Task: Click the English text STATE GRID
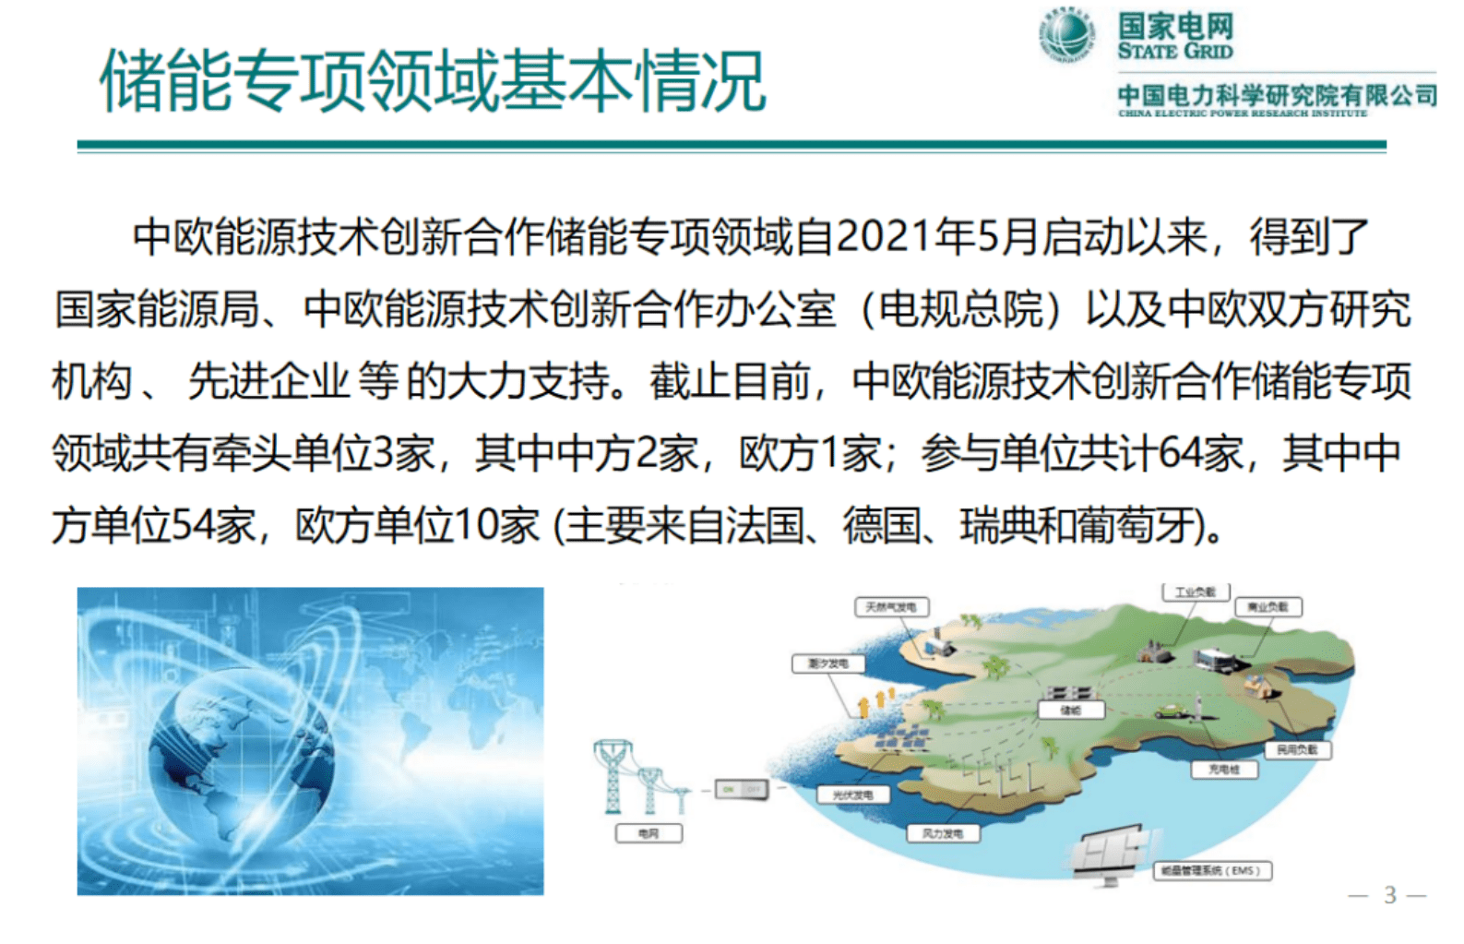(x=1174, y=52)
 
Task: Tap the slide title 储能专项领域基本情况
(x=433, y=82)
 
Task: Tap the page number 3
(x=1389, y=894)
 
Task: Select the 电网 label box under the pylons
(x=649, y=833)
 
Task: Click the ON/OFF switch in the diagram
(x=741, y=789)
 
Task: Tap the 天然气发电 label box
(x=890, y=607)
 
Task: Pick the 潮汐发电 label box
(x=827, y=663)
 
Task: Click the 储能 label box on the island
(x=1070, y=710)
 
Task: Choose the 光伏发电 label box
(x=852, y=795)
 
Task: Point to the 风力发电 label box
(x=942, y=833)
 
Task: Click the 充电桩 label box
(x=1223, y=770)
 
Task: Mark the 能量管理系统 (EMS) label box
(x=1213, y=870)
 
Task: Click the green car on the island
(x=1171, y=711)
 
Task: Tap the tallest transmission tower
(x=613, y=775)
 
